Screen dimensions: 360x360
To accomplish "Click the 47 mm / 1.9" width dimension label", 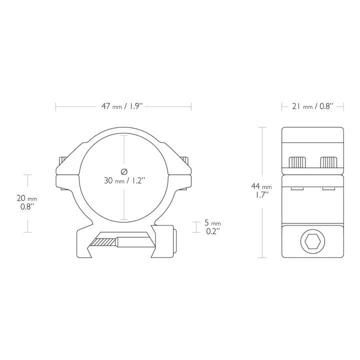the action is click(122, 106).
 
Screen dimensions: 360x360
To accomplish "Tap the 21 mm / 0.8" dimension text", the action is click(312, 106).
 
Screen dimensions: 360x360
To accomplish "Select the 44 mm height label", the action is click(261, 186).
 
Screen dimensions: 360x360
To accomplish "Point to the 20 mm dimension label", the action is click(27, 198).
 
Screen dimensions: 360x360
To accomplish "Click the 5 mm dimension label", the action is click(212, 222).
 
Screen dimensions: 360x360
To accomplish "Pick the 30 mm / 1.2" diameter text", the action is click(124, 180).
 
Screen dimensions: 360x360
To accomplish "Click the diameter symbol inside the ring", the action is click(124, 171).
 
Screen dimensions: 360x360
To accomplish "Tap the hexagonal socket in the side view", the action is click(312, 241).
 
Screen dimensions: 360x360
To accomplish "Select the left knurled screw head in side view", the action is click(297, 162).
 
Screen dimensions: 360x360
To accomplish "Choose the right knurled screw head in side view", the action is click(328, 162).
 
